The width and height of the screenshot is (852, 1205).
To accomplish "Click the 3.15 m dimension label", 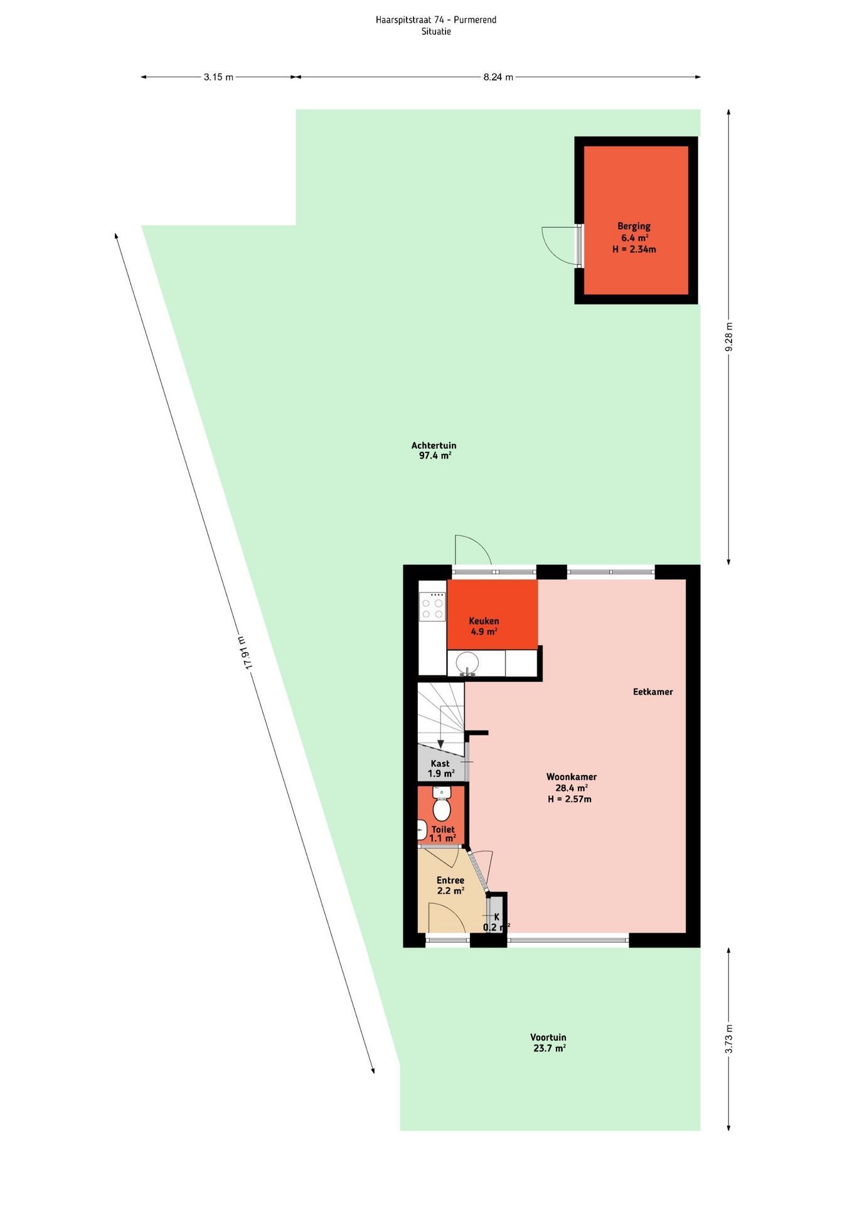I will pos(218,77).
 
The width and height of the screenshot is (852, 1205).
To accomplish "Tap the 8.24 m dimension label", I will pos(498,77).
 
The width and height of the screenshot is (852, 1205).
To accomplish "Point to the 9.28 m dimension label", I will pos(729,337).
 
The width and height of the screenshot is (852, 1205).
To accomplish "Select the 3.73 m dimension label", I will pos(729,1039).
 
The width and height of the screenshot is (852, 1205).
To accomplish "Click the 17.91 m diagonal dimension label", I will pos(245,653).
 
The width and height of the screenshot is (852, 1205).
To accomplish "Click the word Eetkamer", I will pos(652,692).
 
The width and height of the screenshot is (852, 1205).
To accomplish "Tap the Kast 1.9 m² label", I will pos(440,768).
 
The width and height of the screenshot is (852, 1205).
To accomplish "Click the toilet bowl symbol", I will pos(442,806).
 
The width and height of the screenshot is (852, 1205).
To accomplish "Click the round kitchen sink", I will pos(467,662).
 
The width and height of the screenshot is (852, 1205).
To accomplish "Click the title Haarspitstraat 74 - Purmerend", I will pos(436,20).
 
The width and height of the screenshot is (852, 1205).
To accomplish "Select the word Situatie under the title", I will pos(436,31).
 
